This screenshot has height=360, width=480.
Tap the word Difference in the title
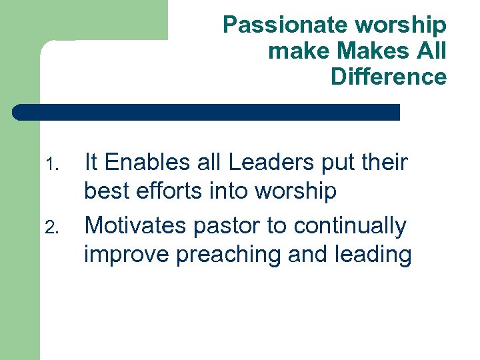388,77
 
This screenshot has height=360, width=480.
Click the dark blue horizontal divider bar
207,112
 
